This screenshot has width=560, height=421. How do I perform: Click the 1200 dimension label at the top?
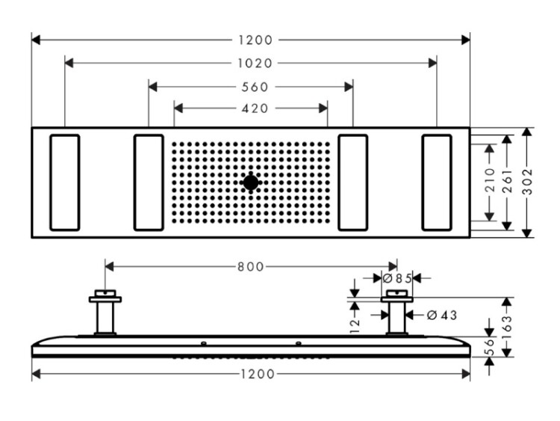tap(255, 40)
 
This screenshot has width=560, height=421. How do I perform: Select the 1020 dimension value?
tap(255, 64)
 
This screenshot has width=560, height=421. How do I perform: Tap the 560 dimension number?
tap(255, 87)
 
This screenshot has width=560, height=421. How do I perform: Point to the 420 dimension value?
tap(255, 108)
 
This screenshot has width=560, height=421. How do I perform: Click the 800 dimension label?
tap(251, 267)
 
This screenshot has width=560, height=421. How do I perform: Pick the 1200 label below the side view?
tap(258, 374)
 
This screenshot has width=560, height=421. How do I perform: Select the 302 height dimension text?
tap(527, 182)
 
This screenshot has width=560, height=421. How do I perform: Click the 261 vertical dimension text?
tap(508, 182)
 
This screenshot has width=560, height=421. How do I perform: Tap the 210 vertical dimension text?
tap(491, 180)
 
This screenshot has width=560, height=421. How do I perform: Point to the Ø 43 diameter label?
tap(442, 315)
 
